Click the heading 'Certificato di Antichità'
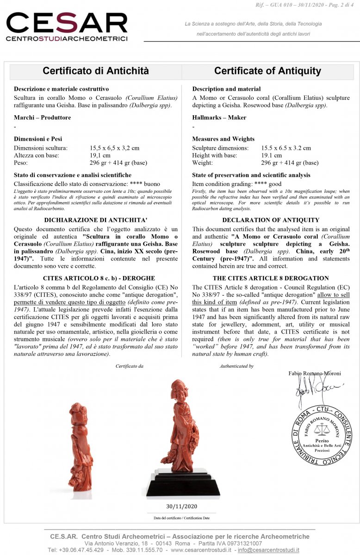[96, 71]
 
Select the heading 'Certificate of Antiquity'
[267, 71]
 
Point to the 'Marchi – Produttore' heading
[42, 117]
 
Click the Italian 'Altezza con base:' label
[37, 155]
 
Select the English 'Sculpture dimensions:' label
[220, 148]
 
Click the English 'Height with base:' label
[214, 155]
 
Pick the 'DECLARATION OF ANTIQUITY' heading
[271, 220]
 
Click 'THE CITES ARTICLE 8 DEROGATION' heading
[271, 278]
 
